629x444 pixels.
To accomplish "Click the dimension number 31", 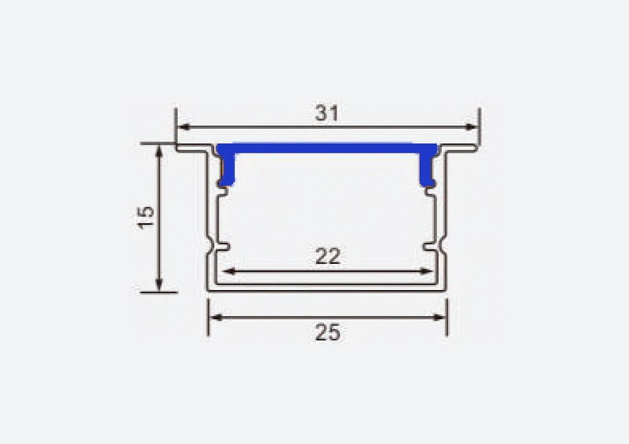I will pyautogui.click(x=326, y=113).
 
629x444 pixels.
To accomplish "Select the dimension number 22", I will pyautogui.click(x=327, y=256).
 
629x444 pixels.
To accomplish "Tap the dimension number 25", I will pyautogui.click(x=327, y=332).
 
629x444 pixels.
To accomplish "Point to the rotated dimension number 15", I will pyautogui.click(x=145, y=218).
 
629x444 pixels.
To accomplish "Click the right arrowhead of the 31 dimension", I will pyautogui.click(x=473, y=126).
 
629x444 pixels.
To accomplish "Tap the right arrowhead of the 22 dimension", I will pyautogui.click(x=429, y=272).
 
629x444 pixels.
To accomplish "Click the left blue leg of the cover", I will pyautogui.click(x=226, y=170).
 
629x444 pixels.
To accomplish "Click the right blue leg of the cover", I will pyautogui.click(x=428, y=170).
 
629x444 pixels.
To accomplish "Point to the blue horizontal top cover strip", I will pyautogui.click(x=327, y=147).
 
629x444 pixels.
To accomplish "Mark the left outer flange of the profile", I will pyautogui.click(x=191, y=148).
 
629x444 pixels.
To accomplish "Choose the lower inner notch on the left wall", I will pyautogui.click(x=222, y=248).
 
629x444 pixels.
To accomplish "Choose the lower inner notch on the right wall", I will pyautogui.click(x=431, y=248).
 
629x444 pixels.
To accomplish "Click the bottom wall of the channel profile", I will pyautogui.click(x=327, y=288).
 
